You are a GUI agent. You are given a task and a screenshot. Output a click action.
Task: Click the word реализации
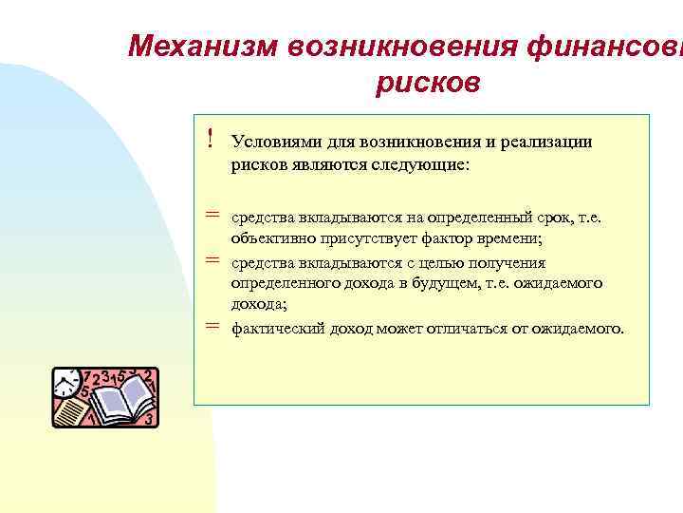548,142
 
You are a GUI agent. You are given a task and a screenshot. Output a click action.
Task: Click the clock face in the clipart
65,384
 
